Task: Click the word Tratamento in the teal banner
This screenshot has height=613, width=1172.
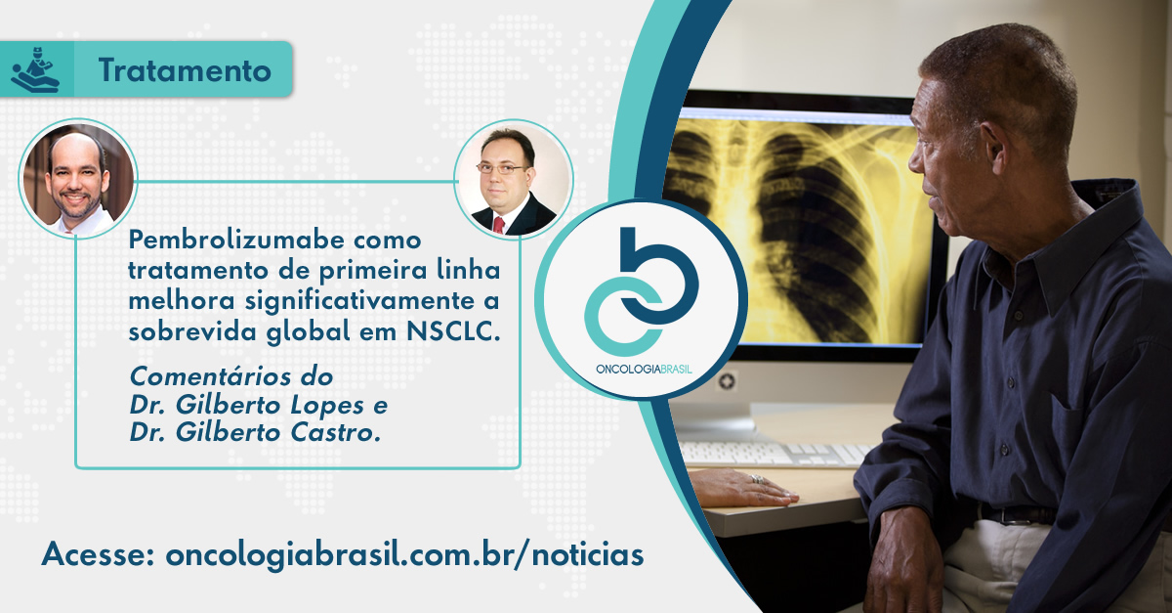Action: (x=185, y=70)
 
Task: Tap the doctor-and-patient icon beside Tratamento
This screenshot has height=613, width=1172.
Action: (x=35, y=69)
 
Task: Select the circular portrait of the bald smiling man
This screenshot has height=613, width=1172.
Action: (x=78, y=179)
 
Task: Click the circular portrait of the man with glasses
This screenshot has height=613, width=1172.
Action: (x=514, y=179)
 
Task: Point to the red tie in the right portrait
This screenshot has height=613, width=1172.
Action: (x=498, y=225)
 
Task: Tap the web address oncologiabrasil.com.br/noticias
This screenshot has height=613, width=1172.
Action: (x=404, y=554)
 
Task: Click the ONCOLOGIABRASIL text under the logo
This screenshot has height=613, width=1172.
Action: (x=644, y=370)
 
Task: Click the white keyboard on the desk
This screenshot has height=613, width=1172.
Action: (x=770, y=454)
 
